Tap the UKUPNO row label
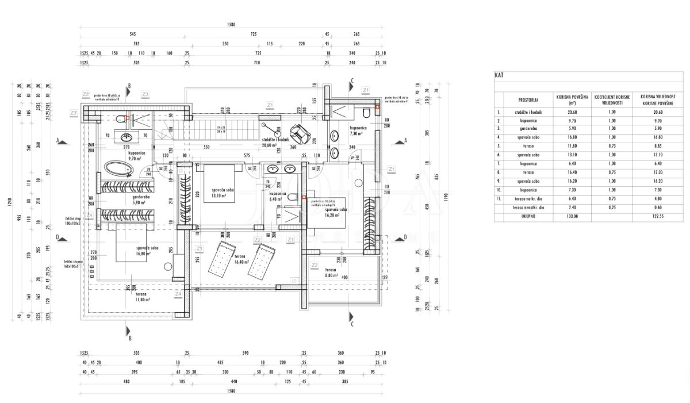(x=527, y=216)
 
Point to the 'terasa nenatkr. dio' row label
(x=527, y=208)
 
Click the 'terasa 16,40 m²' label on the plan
(x=241, y=259)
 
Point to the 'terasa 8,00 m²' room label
(x=330, y=272)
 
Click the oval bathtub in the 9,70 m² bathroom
(x=119, y=168)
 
